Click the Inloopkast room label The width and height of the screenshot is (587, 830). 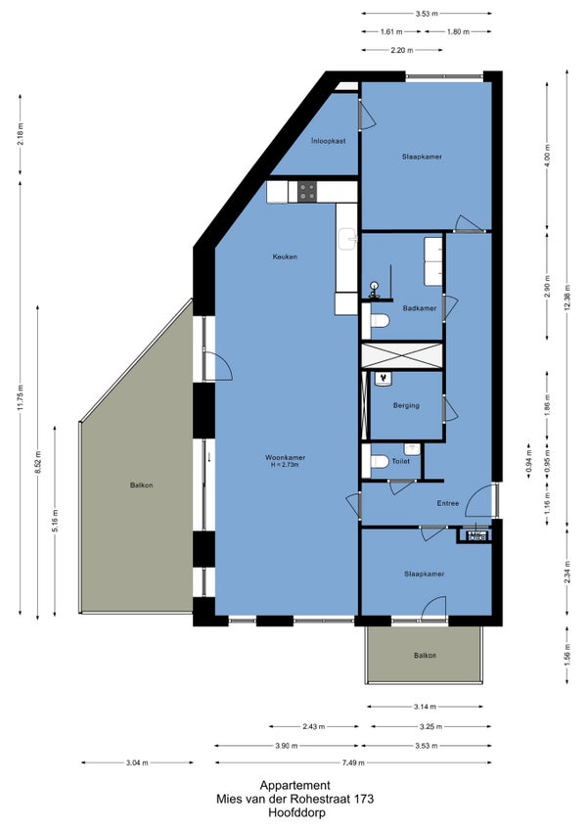click(329, 141)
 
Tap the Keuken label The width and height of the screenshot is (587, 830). click(285, 256)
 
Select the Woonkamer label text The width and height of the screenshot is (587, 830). click(286, 457)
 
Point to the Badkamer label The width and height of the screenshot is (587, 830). click(420, 308)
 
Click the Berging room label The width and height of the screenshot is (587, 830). click(406, 405)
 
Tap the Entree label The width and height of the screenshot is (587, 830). click(448, 503)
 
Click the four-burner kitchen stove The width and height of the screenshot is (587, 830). click(307, 192)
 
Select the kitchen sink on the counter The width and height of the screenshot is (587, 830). click(347, 239)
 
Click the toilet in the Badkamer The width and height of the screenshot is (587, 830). click(380, 321)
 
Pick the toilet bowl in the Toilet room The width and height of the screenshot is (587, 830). click(380, 462)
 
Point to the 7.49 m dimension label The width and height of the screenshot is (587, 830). click(353, 762)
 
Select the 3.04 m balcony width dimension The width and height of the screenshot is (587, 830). click(137, 762)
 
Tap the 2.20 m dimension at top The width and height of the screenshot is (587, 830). click(402, 50)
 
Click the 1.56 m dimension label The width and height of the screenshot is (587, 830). click(566, 656)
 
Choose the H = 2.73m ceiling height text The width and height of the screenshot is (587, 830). click(286, 465)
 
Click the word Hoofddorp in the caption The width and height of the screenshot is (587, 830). click(296, 812)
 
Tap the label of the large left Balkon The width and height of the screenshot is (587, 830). click(141, 484)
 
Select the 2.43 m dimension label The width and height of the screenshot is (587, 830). click(314, 727)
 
